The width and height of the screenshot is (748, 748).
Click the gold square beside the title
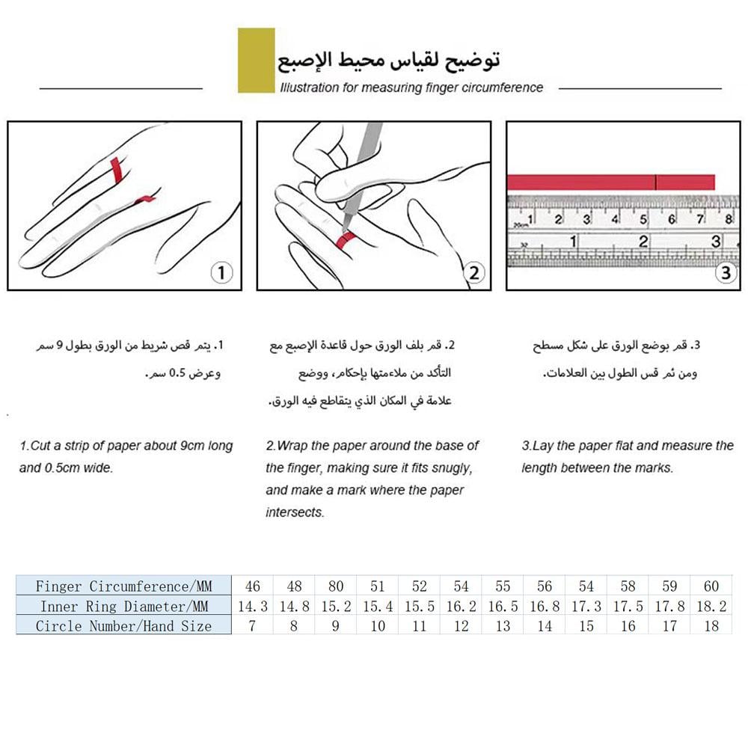tap(256, 61)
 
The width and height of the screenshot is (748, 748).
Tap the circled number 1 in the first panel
tap(221, 273)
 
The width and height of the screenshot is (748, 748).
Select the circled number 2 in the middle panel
tap(474, 273)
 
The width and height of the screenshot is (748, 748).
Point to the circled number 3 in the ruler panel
tap(725, 273)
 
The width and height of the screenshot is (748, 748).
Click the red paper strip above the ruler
tap(610, 182)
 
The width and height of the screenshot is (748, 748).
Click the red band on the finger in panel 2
tap(346, 239)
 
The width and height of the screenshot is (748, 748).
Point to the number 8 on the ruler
tap(729, 219)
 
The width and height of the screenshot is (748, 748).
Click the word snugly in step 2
tap(450, 468)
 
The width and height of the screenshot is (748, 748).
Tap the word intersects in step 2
tap(295, 513)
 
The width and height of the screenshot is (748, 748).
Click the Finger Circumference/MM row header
tap(123, 586)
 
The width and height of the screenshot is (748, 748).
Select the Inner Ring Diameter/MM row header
tap(123, 606)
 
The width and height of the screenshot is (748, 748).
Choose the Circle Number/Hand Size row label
tap(123, 626)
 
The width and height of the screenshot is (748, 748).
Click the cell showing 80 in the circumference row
tap(335, 586)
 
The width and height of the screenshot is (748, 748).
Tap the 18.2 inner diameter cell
tap(711, 606)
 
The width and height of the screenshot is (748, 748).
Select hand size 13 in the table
tap(503, 626)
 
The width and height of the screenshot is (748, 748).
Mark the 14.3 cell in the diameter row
tap(252, 606)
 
